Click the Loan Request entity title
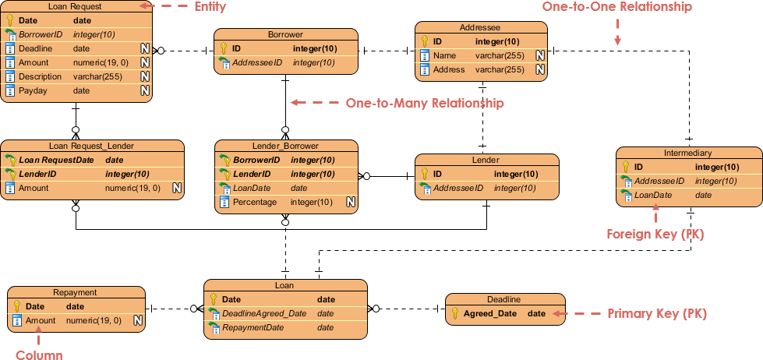pyautogui.click(x=75, y=6)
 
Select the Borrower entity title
pyautogui.click(x=285, y=34)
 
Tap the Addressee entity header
pyautogui.click(x=480, y=27)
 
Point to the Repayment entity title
pyautogui.click(x=76, y=292)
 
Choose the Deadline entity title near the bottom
pyautogui.click(x=503, y=299)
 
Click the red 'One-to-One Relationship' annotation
pyautogui.click(x=616, y=7)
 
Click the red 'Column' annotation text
pyautogui.click(x=39, y=355)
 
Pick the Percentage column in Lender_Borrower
pyautogui.click(x=255, y=203)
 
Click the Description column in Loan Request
pyautogui.click(x=40, y=76)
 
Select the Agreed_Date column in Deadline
pyautogui.click(x=489, y=313)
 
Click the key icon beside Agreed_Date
pyautogui.click(x=454, y=313)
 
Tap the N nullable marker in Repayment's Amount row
pyautogui.click(x=137, y=320)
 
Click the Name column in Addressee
pyautogui.click(x=444, y=55)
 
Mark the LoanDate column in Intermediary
pyautogui.click(x=652, y=195)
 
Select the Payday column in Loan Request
pyautogui.click(x=33, y=90)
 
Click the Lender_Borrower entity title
pyautogui.click(x=285, y=146)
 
